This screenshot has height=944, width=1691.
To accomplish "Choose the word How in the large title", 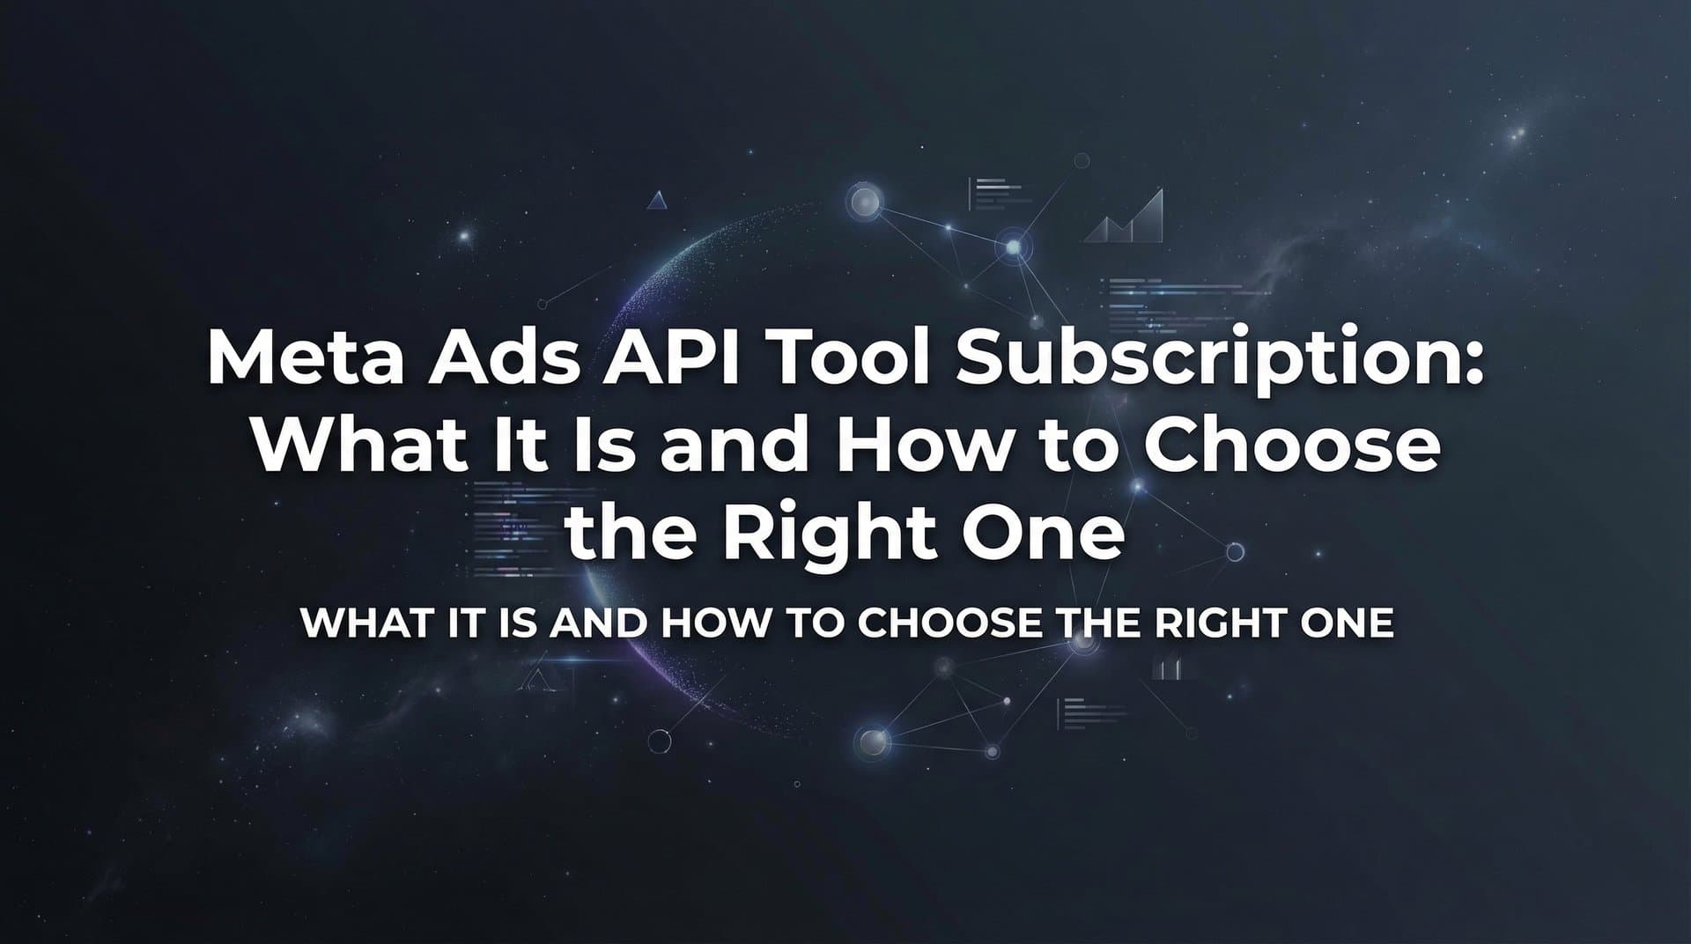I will click(x=922, y=446).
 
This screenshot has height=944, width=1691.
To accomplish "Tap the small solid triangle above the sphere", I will click(x=656, y=202).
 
